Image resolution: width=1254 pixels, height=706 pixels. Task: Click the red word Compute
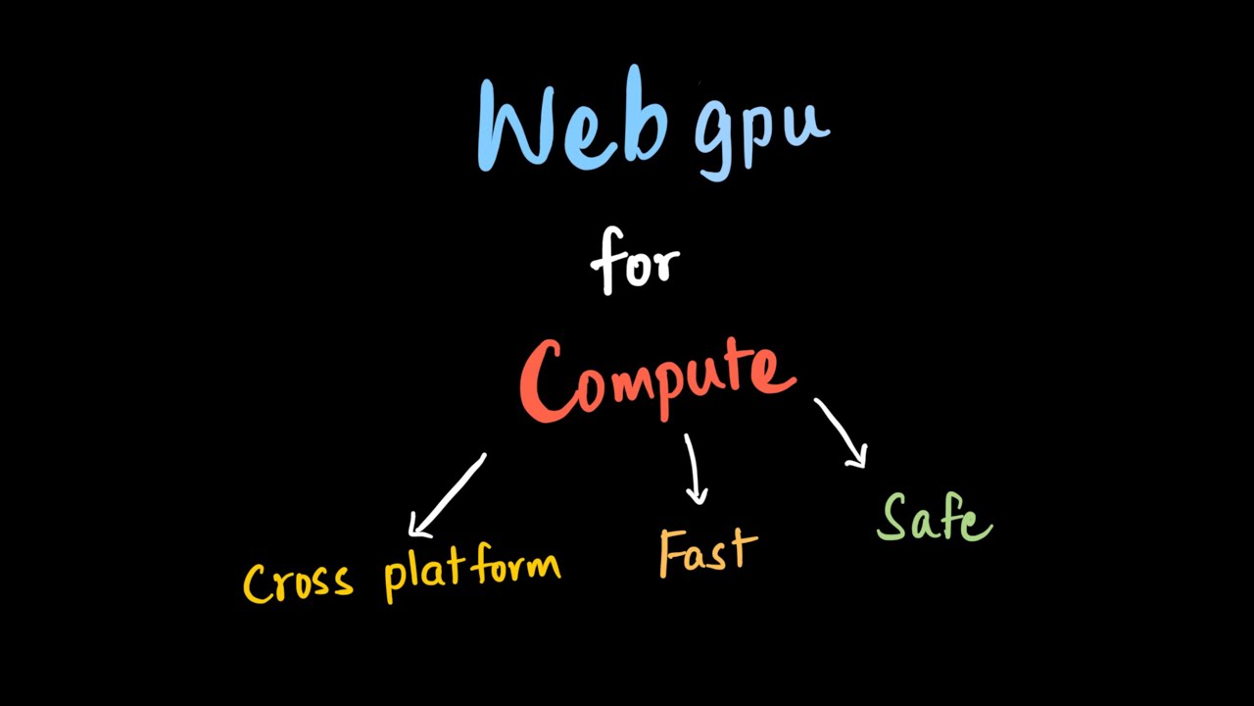click(x=656, y=380)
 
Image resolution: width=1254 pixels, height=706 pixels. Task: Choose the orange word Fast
click(x=707, y=551)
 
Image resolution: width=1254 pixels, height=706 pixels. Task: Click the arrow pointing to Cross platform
click(x=447, y=495)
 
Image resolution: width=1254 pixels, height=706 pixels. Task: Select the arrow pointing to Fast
click(x=694, y=469)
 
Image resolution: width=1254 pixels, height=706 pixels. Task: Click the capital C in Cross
click(x=257, y=583)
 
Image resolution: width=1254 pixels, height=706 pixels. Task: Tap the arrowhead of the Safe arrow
click(x=858, y=457)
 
